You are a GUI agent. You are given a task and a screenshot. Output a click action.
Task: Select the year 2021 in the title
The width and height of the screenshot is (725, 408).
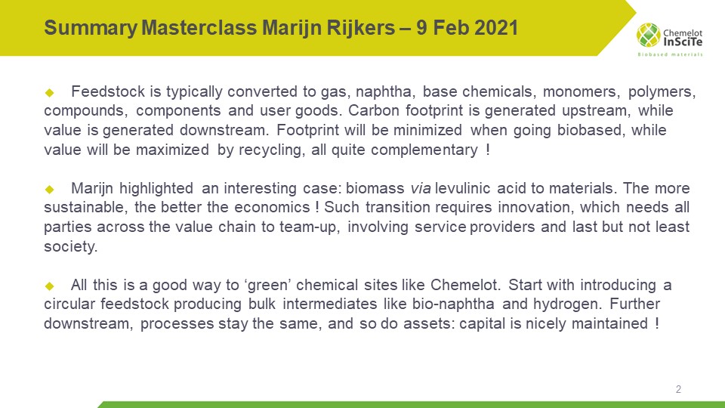click(x=493, y=29)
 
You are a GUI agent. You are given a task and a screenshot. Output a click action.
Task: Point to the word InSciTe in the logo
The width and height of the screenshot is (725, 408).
click(x=683, y=42)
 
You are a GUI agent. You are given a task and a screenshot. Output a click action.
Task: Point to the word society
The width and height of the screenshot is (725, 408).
click(x=70, y=246)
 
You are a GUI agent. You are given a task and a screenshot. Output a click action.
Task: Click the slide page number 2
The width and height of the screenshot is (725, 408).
click(x=678, y=390)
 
